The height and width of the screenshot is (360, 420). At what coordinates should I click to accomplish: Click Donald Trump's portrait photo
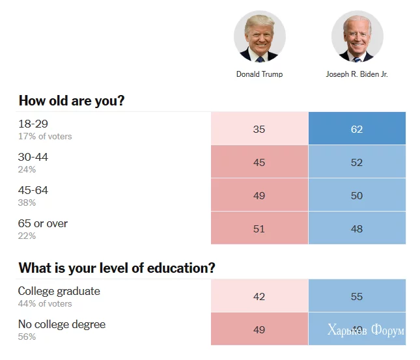coord(259,36)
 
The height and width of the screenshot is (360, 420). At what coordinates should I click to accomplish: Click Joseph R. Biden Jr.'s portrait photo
coord(357,36)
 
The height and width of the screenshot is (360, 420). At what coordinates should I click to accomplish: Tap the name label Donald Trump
coord(259,74)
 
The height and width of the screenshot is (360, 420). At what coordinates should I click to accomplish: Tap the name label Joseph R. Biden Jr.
coord(357,74)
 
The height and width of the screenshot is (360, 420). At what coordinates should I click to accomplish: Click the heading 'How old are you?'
coord(72,101)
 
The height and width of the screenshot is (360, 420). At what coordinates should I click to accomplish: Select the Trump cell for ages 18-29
coord(259,129)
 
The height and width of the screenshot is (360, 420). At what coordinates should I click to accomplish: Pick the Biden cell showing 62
coord(357,129)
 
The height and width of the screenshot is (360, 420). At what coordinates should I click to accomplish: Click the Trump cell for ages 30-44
coord(259,162)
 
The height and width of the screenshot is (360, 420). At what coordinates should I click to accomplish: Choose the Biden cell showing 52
coord(357,162)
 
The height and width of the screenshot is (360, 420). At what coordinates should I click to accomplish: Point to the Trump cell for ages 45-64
coord(259,195)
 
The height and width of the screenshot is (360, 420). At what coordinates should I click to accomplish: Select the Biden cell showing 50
coord(357,195)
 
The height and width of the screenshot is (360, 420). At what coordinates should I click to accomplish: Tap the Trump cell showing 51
coord(259,228)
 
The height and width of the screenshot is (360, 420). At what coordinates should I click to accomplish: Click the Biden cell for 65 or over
coord(357,228)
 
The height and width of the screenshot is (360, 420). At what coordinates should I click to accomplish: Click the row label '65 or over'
coord(43,223)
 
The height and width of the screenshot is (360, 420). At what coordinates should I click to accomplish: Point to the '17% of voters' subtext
coord(45,137)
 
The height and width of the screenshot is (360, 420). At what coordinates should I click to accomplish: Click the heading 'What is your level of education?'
coord(117,268)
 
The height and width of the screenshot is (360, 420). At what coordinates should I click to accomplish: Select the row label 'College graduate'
coord(59,291)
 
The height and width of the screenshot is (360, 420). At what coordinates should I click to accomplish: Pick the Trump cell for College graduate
coord(259,296)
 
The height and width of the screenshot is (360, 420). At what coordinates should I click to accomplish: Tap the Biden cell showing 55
coord(357,296)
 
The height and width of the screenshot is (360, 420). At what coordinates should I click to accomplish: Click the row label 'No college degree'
coord(62,324)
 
